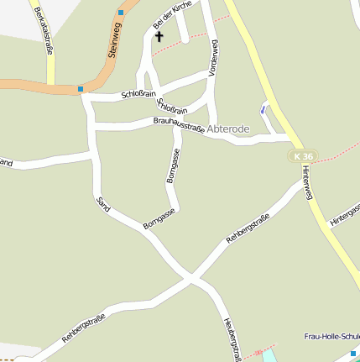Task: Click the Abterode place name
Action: (x=227, y=129)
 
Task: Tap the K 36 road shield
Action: (x=304, y=156)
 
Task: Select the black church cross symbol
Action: (x=159, y=37)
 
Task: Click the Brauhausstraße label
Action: (x=180, y=125)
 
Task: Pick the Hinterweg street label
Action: (x=308, y=182)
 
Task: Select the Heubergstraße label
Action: (x=232, y=339)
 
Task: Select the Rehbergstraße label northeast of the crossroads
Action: (x=248, y=228)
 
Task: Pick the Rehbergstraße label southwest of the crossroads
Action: (x=83, y=324)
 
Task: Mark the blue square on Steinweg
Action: (x=121, y=13)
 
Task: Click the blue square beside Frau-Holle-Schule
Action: (x=354, y=354)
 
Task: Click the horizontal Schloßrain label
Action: (x=139, y=94)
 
